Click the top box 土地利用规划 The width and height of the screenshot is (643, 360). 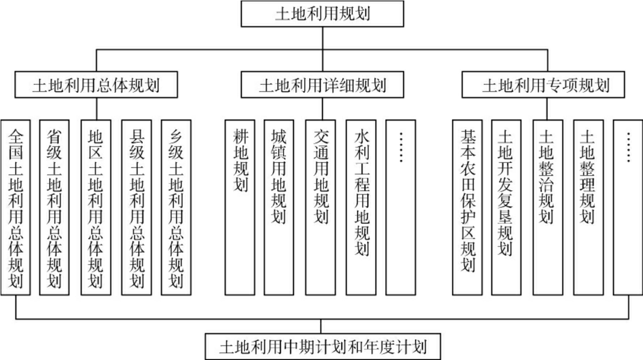click(x=322, y=14)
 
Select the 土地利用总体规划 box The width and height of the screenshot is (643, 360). click(x=96, y=85)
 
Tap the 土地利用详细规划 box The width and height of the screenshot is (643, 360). click(x=322, y=85)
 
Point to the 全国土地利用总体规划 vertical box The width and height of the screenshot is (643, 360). click(x=16, y=207)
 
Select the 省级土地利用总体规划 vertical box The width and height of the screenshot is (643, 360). click(x=55, y=207)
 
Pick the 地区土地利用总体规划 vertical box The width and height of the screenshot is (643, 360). click(x=95, y=207)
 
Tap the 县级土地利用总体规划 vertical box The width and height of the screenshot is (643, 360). click(x=136, y=207)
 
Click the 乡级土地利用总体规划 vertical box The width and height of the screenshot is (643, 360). click(x=176, y=207)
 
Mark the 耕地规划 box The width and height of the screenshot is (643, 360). click(x=240, y=207)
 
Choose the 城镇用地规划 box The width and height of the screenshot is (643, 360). click(x=279, y=207)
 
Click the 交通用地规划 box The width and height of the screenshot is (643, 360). click(x=321, y=207)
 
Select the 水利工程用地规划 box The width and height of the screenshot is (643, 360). click(x=361, y=207)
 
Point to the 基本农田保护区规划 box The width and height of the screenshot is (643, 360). click(x=467, y=207)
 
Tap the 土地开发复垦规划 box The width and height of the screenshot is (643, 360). click(x=506, y=207)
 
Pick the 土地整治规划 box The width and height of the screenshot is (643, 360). click(x=547, y=207)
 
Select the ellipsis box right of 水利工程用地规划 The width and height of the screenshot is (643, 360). click(x=400, y=207)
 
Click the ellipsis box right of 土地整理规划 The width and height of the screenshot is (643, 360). click(x=628, y=207)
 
